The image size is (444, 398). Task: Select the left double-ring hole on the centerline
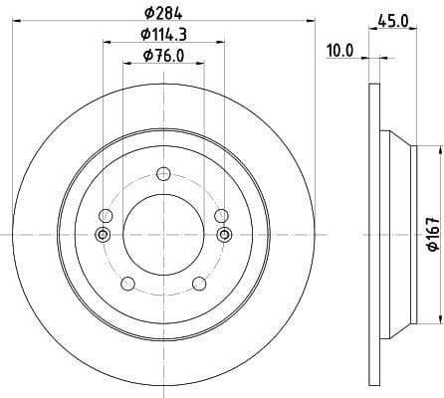coord(101,235)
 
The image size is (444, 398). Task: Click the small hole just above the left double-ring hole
coord(105,214)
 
